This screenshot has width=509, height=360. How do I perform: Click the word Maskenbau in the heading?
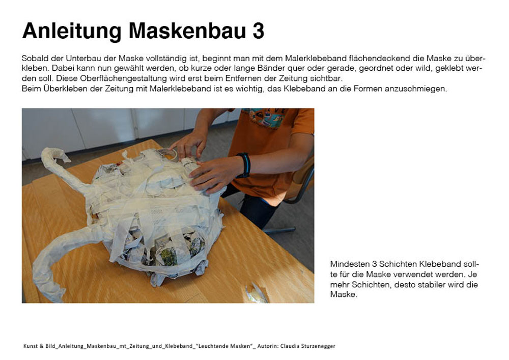(x=187, y=31)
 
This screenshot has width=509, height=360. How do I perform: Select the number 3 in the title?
(x=258, y=31)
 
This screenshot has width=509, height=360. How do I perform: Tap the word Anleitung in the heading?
(x=72, y=32)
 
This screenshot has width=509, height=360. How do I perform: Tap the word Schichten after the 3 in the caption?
(x=398, y=264)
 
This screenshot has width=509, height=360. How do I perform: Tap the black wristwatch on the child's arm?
(x=244, y=165)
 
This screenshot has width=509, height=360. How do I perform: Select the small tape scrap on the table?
(x=257, y=293)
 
